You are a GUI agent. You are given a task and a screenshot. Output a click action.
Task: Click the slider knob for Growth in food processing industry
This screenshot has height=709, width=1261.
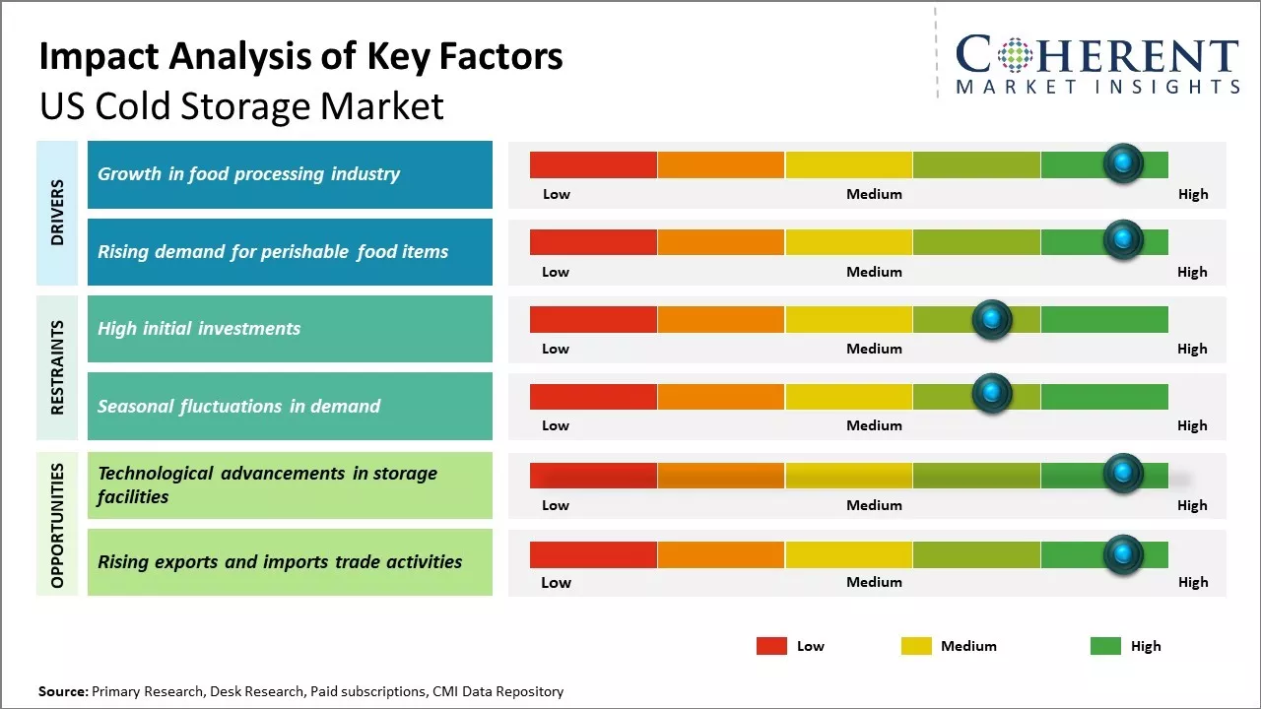(x=1123, y=163)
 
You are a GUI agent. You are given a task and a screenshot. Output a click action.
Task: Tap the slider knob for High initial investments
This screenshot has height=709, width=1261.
(x=992, y=319)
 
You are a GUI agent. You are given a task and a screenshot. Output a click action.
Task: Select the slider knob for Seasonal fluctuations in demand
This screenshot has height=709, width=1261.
(x=992, y=394)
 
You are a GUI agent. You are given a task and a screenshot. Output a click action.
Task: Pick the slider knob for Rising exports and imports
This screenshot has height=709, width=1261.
(x=1123, y=554)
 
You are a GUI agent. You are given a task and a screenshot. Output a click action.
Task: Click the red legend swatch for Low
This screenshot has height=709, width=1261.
(x=771, y=646)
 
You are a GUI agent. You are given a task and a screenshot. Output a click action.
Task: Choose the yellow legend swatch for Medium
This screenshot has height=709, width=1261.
(x=916, y=646)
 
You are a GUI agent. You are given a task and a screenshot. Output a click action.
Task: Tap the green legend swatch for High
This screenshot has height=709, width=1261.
(x=1105, y=646)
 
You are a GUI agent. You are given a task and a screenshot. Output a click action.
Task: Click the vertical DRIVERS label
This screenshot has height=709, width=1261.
(x=57, y=213)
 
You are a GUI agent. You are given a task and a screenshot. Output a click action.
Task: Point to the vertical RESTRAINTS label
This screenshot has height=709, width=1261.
(x=57, y=367)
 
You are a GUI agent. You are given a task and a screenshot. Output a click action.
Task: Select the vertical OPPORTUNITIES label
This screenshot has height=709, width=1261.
(x=57, y=525)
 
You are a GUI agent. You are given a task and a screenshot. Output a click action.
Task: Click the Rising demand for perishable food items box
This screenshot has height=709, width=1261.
(x=290, y=252)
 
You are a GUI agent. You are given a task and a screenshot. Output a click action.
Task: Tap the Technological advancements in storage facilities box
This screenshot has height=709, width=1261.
(x=290, y=485)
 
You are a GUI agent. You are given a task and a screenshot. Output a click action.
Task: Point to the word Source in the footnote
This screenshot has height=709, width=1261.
(x=62, y=692)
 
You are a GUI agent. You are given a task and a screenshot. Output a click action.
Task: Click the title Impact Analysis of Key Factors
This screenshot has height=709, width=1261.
(x=300, y=57)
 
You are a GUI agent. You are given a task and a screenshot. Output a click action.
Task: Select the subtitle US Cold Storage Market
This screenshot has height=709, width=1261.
(x=241, y=106)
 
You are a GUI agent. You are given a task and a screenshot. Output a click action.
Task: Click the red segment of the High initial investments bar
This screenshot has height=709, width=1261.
(x=593, y=319)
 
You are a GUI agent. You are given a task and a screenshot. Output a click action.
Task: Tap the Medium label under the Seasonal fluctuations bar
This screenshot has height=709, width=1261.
(x=874, y=425)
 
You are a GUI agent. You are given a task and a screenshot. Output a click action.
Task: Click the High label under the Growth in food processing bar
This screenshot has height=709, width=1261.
(x=1192, y=194)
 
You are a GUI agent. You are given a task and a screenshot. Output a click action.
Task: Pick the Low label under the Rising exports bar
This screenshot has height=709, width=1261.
(x=556, y=582)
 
